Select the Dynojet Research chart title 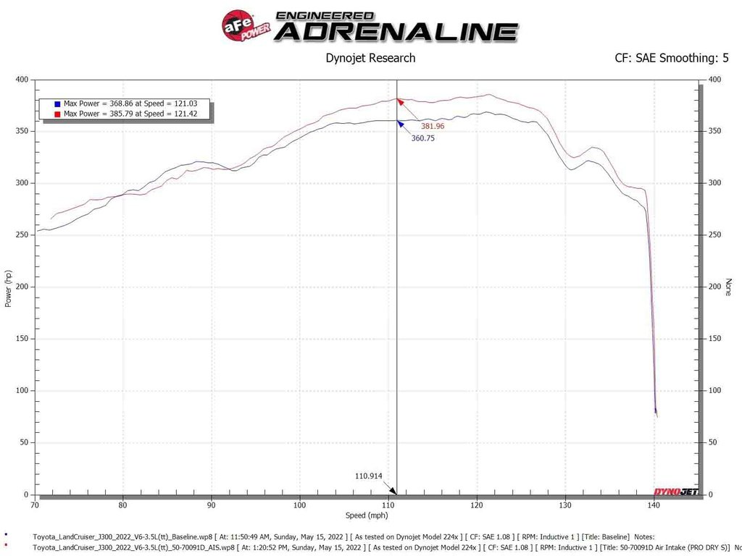(370, 58)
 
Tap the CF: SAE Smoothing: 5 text (671, 58)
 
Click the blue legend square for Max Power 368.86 (57, 104)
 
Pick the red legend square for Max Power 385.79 (57, 114)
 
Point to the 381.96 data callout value (433, 126)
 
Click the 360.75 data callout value (422, 138)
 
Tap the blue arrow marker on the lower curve (399, 124)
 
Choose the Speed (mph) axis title (367, 515)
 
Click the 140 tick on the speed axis (654, 505)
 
